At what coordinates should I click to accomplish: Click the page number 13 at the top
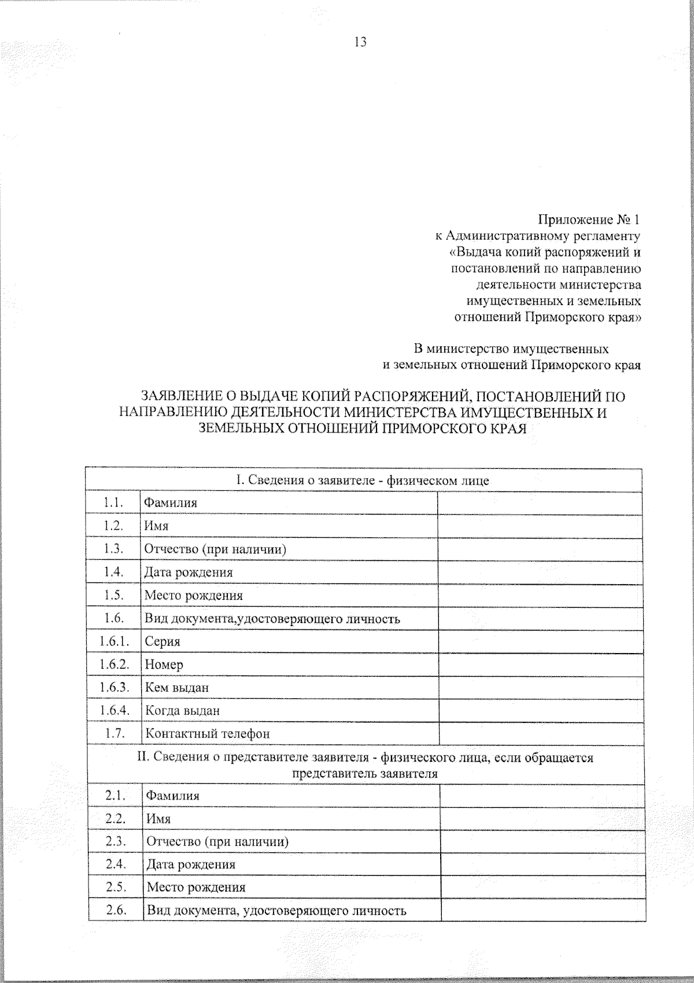pyautogui.click(x=360, y=42)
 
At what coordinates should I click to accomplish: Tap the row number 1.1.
pyautogui.click(x=113, y=502)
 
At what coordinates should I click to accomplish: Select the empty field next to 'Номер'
pyautogui.click(x=540, y=664)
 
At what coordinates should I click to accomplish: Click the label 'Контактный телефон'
pyautogui.click(x=207, y=733)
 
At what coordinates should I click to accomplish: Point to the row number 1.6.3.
pyautogui.click(x=113, y=687)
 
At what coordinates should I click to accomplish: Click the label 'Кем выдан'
pyautogui.click(x=177, y=688)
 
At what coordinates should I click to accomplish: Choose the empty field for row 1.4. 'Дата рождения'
pyautogui.click(x=540, y=572)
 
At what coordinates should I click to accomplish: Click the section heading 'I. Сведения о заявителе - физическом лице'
pyautogui.click(x=363, y=481)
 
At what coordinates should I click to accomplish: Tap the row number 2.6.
pyautogui.click(x=116, y=910)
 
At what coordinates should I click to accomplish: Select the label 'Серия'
pyautogui.click(x=163, y=641)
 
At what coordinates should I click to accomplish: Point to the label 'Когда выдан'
pyautogui.click(x=182, y=710)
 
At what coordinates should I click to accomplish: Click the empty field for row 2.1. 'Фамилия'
pyautogui.click(x=542, y=796)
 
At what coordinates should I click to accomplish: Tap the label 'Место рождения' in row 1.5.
pyautogui.click(x=194, y=595)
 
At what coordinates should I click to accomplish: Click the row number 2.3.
pyautogui.click(x=116, y=841)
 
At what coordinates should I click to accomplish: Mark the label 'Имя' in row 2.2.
pyautogui.click(x=159, y=819)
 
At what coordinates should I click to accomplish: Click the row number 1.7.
pyautogui.click(x=115, y=733)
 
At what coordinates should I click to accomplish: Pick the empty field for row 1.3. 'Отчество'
pyautogui.click(x=540, y=549)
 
